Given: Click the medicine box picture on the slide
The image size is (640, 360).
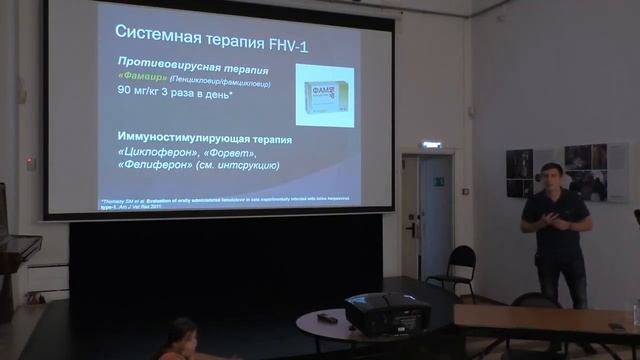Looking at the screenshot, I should [x=324, y=94].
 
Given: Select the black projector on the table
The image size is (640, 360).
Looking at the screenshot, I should [x=381, y=313].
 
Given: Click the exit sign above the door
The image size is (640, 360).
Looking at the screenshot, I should [x=431, y=146].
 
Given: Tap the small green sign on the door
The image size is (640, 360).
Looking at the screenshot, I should [x=437, y=180].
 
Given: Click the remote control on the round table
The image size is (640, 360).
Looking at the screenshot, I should [x=326, y=317].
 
